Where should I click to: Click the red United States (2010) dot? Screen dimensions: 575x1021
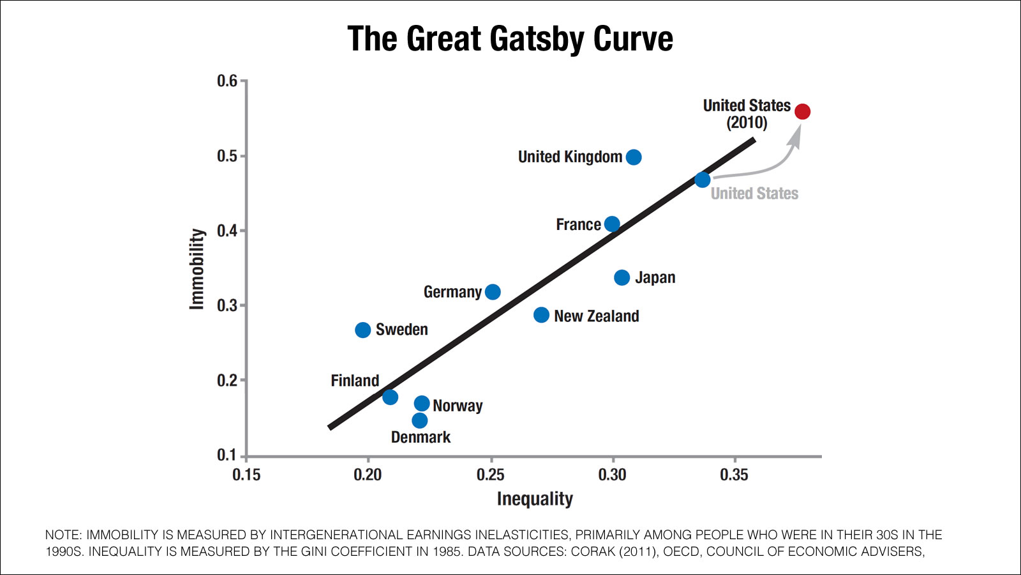[x=802, y=112]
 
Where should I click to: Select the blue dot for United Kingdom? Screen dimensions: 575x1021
[x=634, y=157]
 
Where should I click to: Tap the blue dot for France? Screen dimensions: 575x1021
[x=612, y=224]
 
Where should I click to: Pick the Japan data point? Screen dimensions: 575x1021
[x=622, y=277]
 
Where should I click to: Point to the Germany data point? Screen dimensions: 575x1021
[x=493, y=292]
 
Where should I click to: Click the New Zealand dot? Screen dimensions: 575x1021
[x=541, y=315]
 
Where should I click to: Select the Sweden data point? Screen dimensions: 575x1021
[x=363, y=330]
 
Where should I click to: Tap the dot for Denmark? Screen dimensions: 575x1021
[x=420, y=420]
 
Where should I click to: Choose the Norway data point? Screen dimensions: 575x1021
[x=422, y=403]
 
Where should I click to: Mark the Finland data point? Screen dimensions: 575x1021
[x=391, y=397]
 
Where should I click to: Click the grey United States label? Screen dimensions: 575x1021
[x=754, y=194]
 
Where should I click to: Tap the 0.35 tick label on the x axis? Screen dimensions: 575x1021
[x=734, y=475]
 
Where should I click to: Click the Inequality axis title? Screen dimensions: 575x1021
[x=535, y=499]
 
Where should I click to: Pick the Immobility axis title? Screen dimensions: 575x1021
[x=197, y=269]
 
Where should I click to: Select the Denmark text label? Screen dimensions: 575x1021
[x=421, y=438]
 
